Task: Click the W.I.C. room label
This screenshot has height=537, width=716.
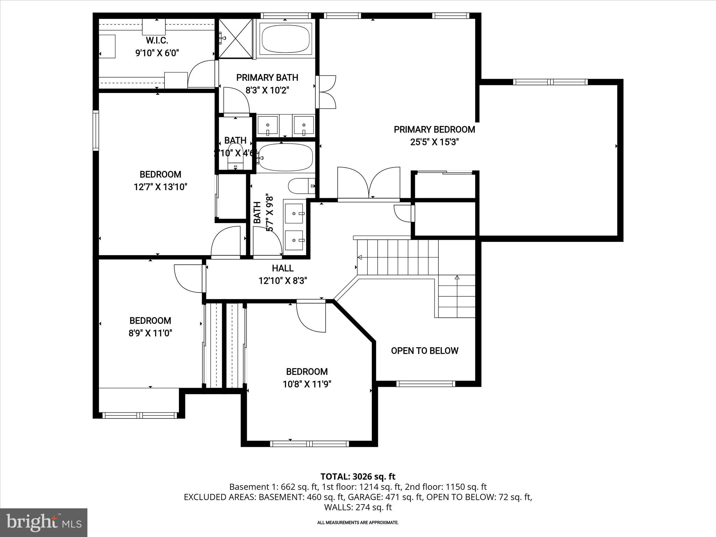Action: (157, 40)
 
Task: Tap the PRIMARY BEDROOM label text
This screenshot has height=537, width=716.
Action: (434, 130)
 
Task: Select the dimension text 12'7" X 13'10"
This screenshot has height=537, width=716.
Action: (160, 187)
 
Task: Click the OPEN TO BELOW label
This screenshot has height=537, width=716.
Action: (424, 351)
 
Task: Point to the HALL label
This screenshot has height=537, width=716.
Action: (282, 268)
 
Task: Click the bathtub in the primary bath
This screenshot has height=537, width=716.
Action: (286, 38)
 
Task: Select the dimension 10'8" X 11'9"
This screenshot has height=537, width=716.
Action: (307, 384)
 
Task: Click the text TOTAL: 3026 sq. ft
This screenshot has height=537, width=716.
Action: (358, 477)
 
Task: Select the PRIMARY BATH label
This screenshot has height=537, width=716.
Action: (267, 78)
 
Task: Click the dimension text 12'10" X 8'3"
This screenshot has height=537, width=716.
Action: (282, 281)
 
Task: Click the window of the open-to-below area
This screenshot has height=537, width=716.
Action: (425, 384)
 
